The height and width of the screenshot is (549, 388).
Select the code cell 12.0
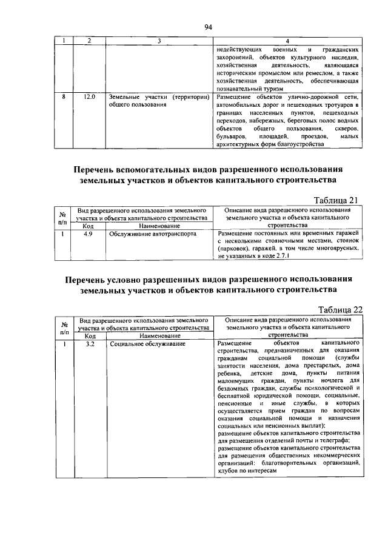pyautogui.click(x=90, y=96)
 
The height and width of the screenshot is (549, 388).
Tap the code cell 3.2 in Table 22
pyautogui.click(x=90, y=344)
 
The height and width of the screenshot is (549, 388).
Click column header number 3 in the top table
pyautogui.click(x=159, y=41)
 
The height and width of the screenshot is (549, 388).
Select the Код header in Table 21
pyautogui.click(x=89, y=226)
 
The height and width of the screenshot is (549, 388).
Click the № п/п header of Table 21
pyautogui.click(x=63, y=217)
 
